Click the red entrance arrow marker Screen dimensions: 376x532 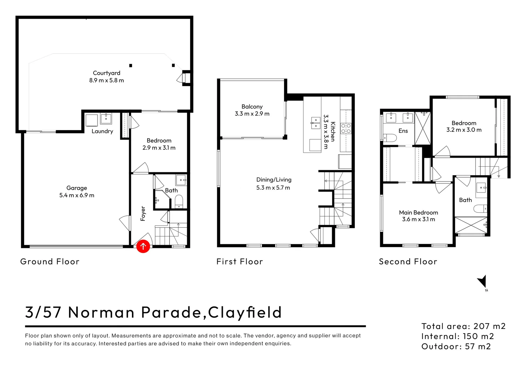pyautogui.click(x=143, y=246)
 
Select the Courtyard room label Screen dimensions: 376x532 pyautogui.click(x=107, y=73)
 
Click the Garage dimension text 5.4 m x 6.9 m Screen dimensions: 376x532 pyautogui.click(x=77, y=195)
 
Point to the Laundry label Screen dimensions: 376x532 pyautogui.click(x=102, y=131)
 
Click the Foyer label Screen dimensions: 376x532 pyautogui.click(x=143, y=213)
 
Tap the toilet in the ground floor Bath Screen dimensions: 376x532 pyautogui.click(x=179, y=201)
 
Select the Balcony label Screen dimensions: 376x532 pyautogui.click(x=252, y=107)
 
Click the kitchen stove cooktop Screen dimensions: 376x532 pyautogui.click(x=346, y=128)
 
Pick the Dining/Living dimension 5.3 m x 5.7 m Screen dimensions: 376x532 pyautogui.click(x=273, y=188)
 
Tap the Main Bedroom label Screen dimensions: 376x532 pyautogui.click(x=418, y=212)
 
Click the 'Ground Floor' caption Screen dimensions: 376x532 pyautogui.click(x=50, y=261)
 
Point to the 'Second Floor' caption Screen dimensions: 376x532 pyautogui.click(x=408, y=261)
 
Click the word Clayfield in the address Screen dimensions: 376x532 pyautogui.click(x=245, y=312)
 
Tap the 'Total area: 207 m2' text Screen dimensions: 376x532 pyautogui.click(x=463, y=326)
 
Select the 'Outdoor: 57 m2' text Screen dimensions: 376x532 pyautogui.click(x=456, y=346)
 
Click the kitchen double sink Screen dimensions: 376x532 pyautogui.click(x=315, y=123)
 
